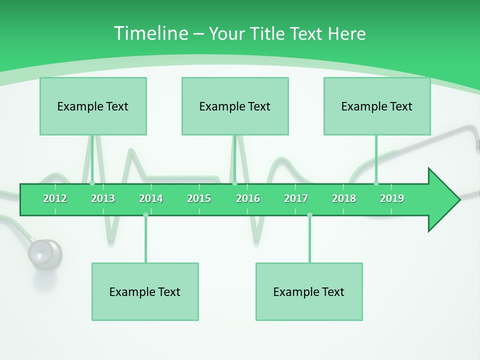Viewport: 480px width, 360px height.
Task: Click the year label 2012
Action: coord(55,198)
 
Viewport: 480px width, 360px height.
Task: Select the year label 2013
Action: coord(103,198)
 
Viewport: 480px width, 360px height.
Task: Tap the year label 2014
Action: coord(151,198)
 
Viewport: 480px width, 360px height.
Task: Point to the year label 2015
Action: coord(199,198)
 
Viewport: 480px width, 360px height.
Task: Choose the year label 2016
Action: coord(248,198)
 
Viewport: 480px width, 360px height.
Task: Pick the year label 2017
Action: coord(296,198)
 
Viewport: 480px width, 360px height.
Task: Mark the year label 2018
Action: coord(344,198)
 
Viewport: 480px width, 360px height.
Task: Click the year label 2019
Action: coord(392,198)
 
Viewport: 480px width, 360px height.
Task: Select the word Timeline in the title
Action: coord(150,33)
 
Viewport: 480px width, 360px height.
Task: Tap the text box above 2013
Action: coord(93,106)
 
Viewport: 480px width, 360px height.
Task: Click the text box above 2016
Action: coord(235,106)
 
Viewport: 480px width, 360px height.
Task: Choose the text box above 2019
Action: coord(377,106)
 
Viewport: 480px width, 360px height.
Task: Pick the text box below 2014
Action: coord(145,291)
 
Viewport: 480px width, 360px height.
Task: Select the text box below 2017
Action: coord(309,291)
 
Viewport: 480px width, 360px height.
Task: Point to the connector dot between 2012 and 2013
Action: coord(92,183)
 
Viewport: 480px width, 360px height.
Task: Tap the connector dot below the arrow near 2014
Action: coord(145,215)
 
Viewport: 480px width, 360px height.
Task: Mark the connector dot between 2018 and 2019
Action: coord(376,183)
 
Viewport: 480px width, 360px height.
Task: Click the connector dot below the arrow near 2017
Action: coord(309,215)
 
